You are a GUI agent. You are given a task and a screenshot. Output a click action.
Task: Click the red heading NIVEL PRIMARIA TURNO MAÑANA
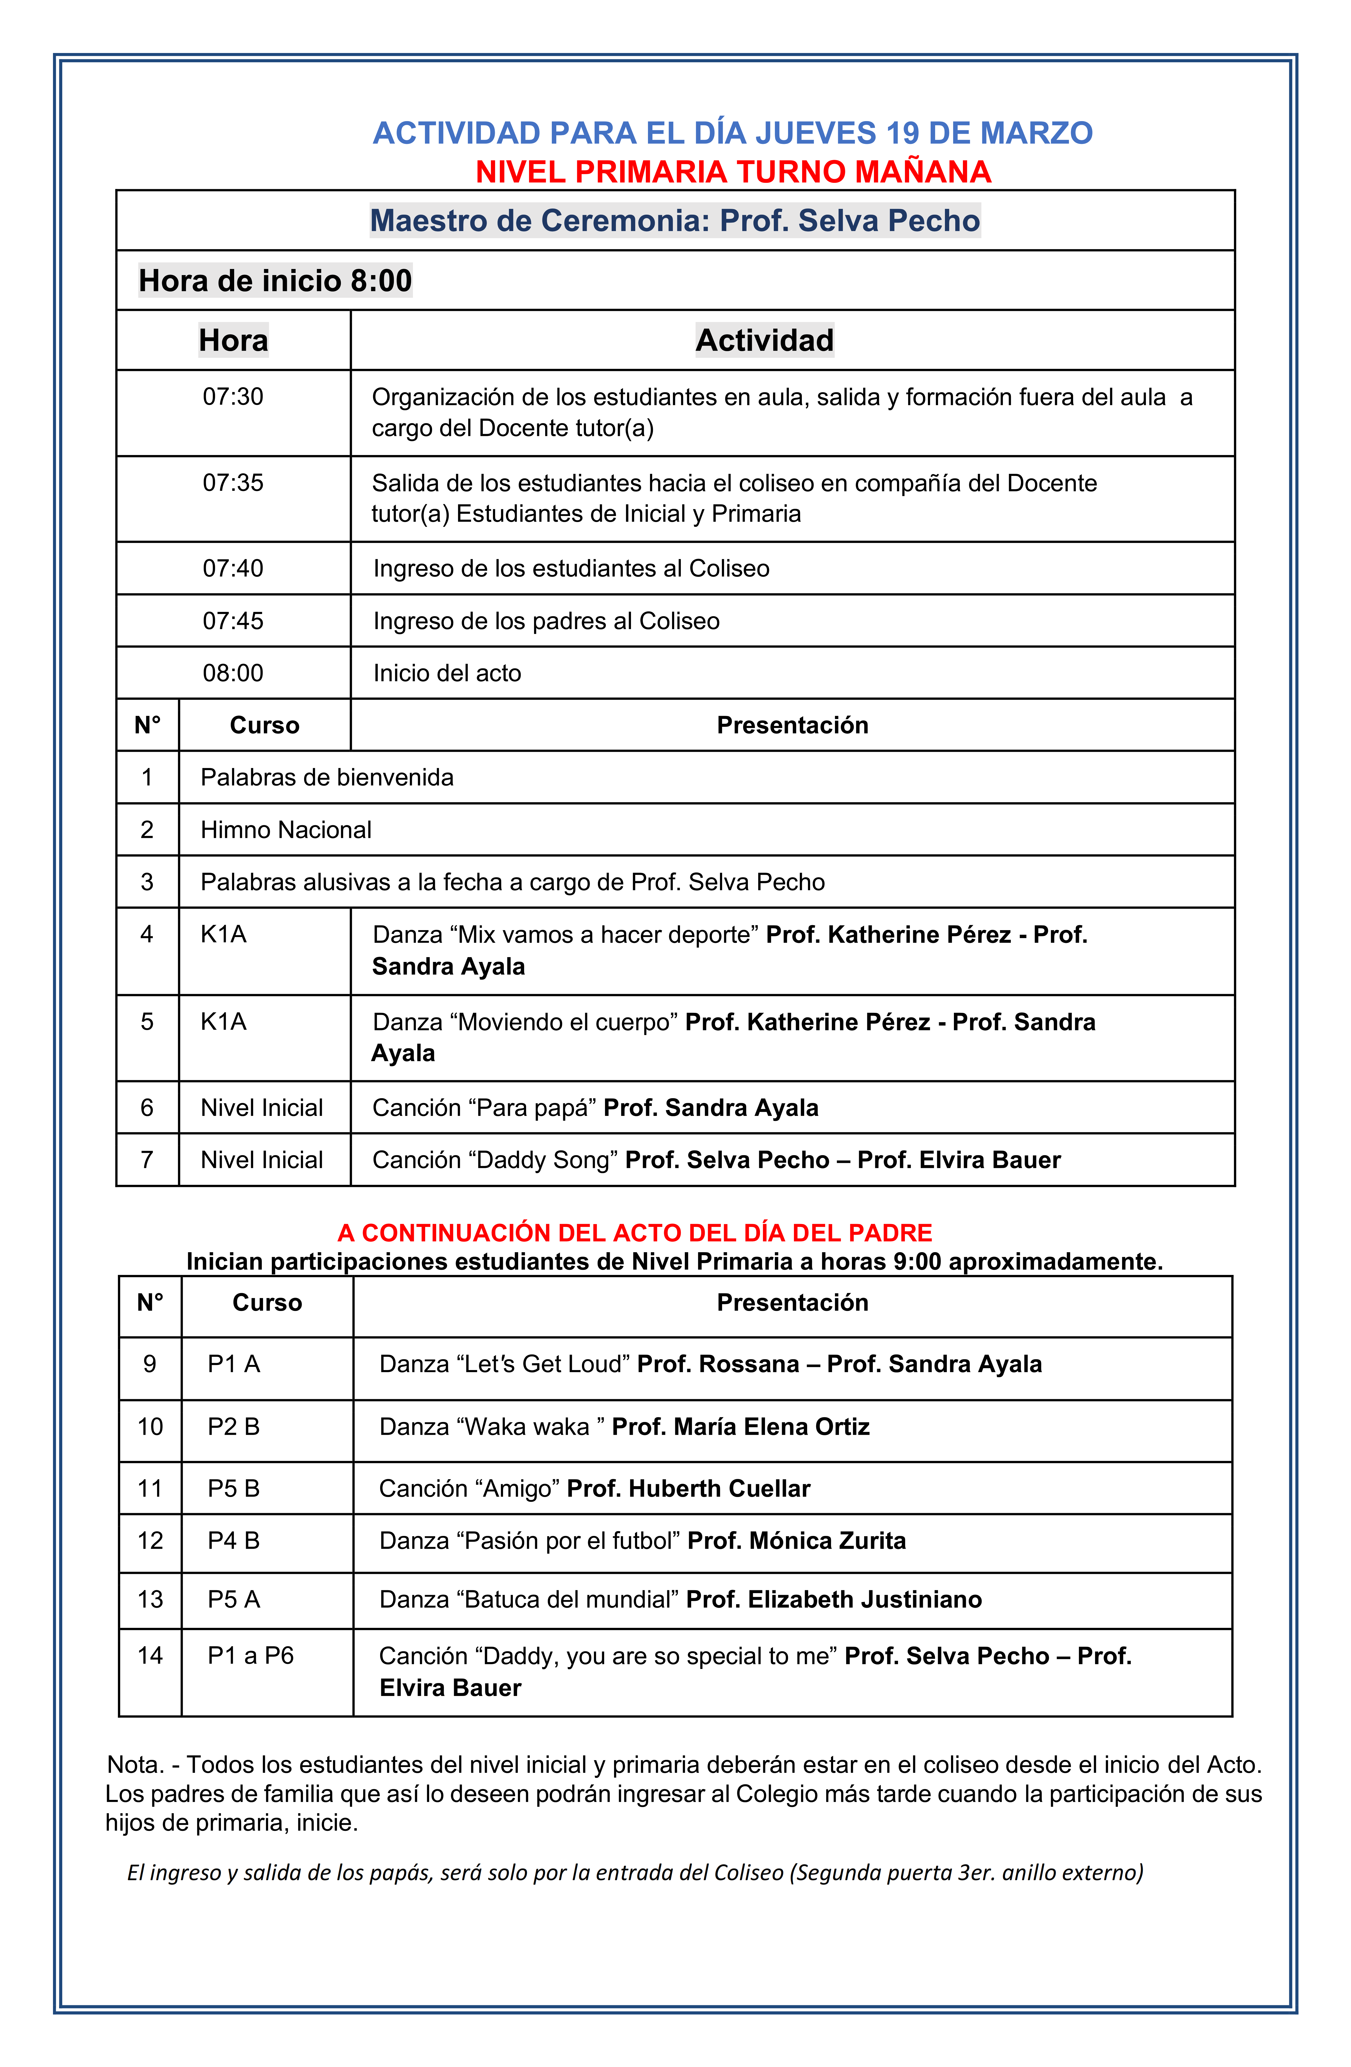(x=733, y=172)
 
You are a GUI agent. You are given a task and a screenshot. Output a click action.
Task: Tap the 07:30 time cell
(x=233, y=397)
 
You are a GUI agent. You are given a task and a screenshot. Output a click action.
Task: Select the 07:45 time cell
(x=233, y=621)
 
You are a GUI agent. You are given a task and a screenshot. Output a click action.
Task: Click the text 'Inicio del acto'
(x=447, y=673)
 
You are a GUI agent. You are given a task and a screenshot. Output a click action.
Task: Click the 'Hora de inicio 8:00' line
(x=275, y=281)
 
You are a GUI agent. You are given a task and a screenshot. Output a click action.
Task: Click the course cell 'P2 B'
(x=234, y=1427)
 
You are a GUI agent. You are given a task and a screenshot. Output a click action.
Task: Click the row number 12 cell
(x=150, y=1541)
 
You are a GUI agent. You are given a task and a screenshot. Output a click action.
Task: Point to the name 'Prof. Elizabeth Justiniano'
(x=834, y=1600)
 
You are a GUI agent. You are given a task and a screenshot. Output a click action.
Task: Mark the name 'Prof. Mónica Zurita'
(x=796, y=1541)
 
